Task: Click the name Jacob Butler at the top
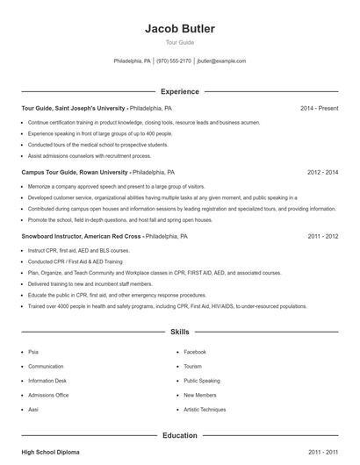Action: [180, 29]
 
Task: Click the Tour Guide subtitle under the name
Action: [180, 42]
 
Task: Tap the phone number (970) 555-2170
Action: [174, 61]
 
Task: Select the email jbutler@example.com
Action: [221, 61]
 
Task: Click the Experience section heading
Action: [180, 91]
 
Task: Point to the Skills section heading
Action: [180, 333]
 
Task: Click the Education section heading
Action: [180, 435]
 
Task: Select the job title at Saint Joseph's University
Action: [76, 109]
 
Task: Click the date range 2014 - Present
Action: [319, 109]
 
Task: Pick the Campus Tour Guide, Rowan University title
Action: [75, 173]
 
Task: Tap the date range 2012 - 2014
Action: [322, 173]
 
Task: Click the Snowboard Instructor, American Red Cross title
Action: [82, 237]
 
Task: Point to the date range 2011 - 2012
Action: [322, 237]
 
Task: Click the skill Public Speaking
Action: [202, 381]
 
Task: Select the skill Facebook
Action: [194, 352]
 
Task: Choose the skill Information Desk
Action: [47, 381]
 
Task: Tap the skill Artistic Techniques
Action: [205, 410]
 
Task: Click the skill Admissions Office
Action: [48, 395]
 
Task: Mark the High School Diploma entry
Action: [50, 452]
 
